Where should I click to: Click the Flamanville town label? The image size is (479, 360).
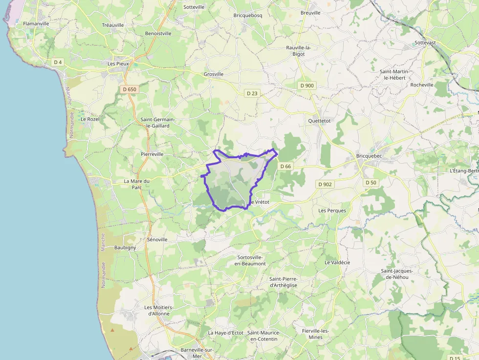[36, 23]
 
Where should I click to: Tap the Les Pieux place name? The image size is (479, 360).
[118, 64]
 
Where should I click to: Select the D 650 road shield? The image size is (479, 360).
[130, 89]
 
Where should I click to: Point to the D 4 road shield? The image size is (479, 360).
[58, 62]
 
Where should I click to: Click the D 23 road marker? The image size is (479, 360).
[252, 93]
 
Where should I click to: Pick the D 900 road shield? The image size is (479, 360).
[307, 85]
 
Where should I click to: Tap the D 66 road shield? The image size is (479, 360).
[285, 167]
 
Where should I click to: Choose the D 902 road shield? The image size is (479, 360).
[325, 184]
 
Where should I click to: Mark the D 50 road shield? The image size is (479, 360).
[370, 182]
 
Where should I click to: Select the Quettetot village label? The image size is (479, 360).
[320, 121]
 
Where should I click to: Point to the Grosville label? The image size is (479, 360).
[213, 74]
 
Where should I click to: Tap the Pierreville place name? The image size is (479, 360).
[152, 154]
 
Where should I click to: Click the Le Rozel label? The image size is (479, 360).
[90, 119]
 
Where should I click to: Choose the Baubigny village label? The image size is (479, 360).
[125, 248]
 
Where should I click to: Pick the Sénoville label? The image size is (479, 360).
[157, 240]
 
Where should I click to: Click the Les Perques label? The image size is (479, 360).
[332, 211]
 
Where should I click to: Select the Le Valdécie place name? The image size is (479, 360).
[337, 262]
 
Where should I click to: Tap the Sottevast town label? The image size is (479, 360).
[425, 42]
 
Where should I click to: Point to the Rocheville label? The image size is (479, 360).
[422, 85]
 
